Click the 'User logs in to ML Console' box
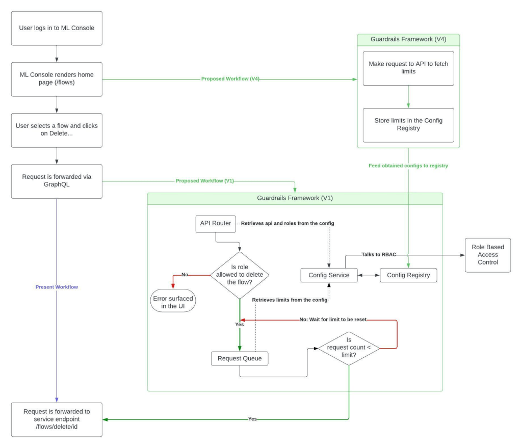(x=57, y=29)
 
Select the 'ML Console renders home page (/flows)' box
(x=57, y=79)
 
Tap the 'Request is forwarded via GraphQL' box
(x=57, y=181)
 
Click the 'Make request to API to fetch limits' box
(x=408, y=68)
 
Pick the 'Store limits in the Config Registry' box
(x=408, y=125)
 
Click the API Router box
(x=216, y=224)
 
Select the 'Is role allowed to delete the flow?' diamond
(x=240, y=275)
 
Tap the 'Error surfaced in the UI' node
(x=173, y=301)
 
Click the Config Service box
(x=329, y=275)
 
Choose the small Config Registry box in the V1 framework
(x=408, y=275)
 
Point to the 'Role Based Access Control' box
(x=488, y=255)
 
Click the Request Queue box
(x=240, y=358)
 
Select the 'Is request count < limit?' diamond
(x=349, y=349)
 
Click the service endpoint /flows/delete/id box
(x=57, y=419)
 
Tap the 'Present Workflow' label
(x=57, y=287)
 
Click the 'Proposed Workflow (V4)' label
(x=230, y=79)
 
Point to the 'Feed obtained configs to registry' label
(x=408, y=166)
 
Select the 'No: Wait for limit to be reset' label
(x=333, y=320)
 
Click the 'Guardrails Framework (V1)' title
(x=295, y=198)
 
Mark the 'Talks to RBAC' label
(x=379, y=255)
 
